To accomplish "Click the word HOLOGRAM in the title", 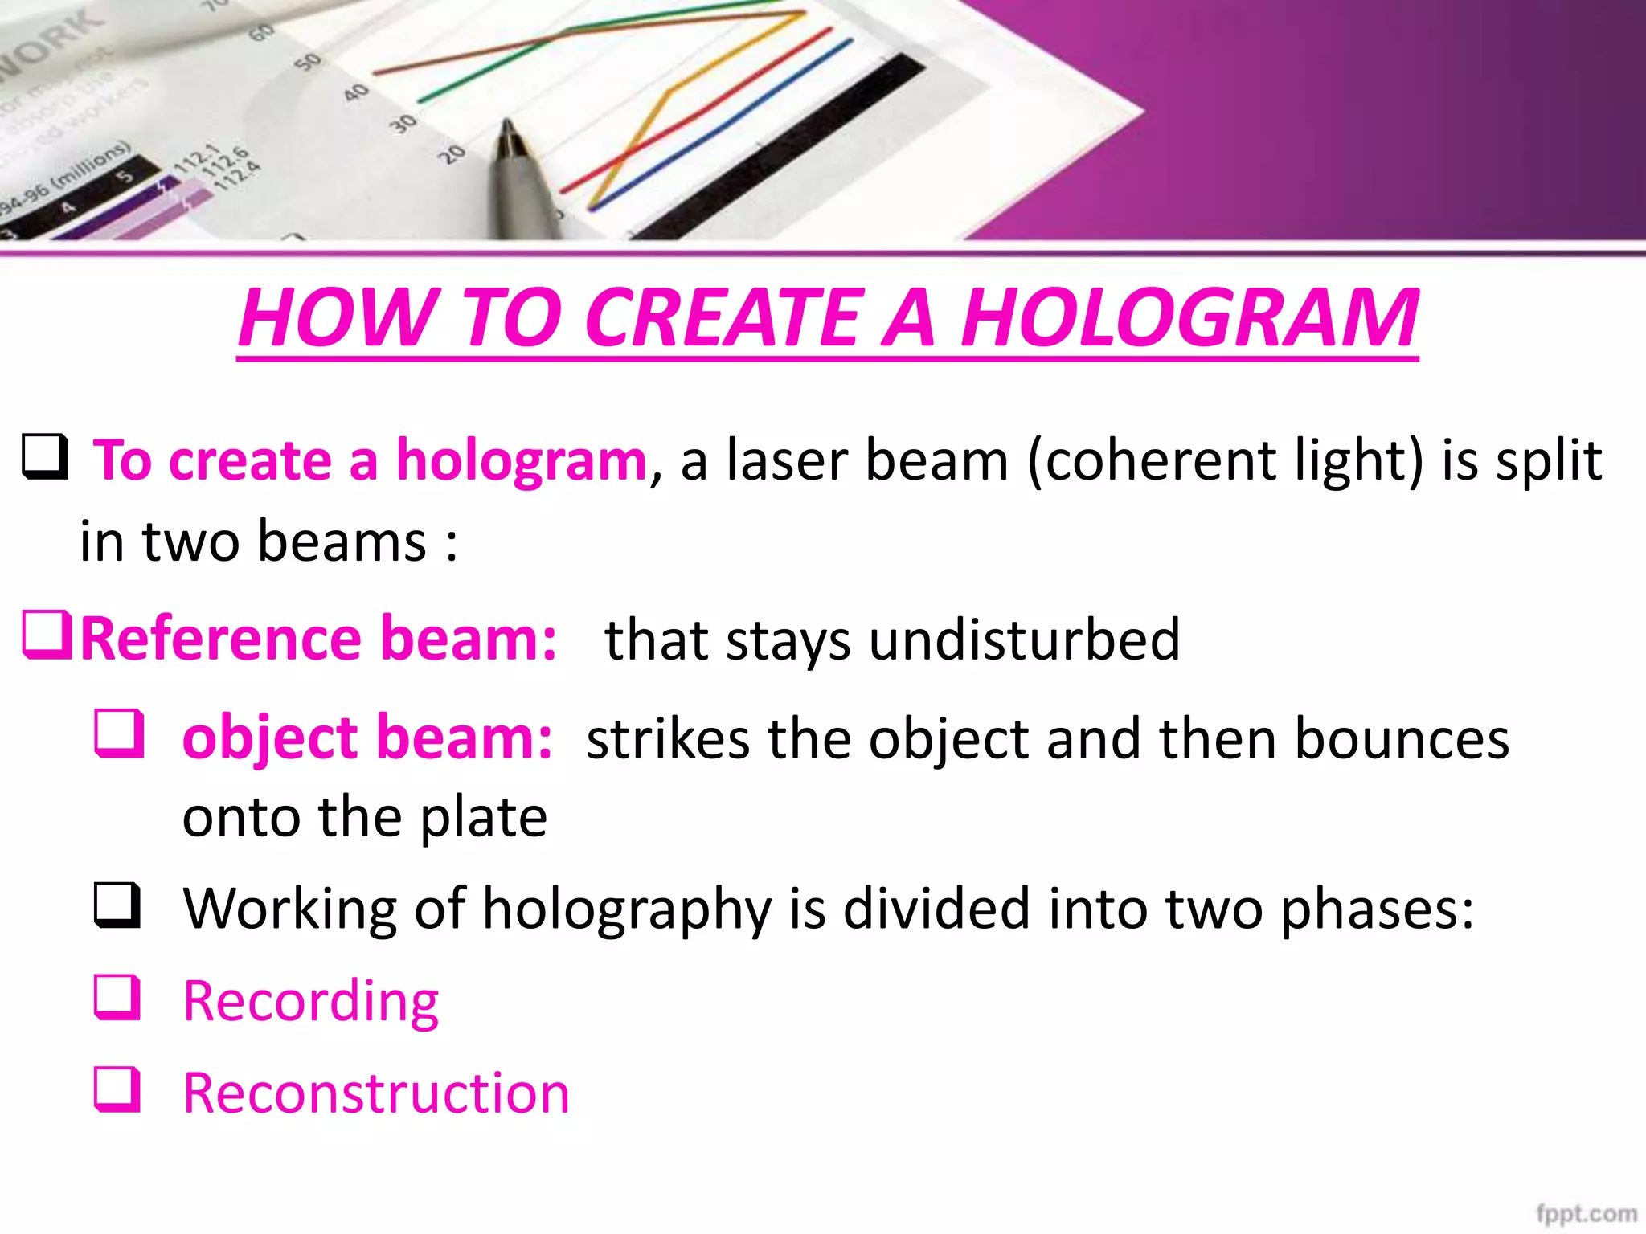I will pos(1189,318).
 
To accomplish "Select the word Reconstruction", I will pos(376,1093).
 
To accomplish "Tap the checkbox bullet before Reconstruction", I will pos(118,1089).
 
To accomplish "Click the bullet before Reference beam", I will pos(47,635).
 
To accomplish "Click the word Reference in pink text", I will pos(220,639).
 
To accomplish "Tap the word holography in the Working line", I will pos(628,910).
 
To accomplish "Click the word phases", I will pos(1377,910).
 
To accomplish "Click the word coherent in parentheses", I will pos(1160,461).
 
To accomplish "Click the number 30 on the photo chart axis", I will pos(403,124).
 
